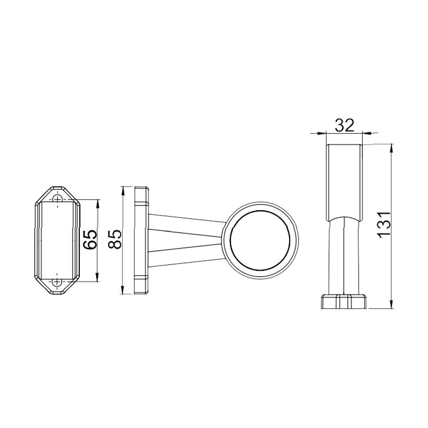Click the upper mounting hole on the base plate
coord(58,198)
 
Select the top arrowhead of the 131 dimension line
coord(391,148)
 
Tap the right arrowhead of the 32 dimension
coord(367,133)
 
